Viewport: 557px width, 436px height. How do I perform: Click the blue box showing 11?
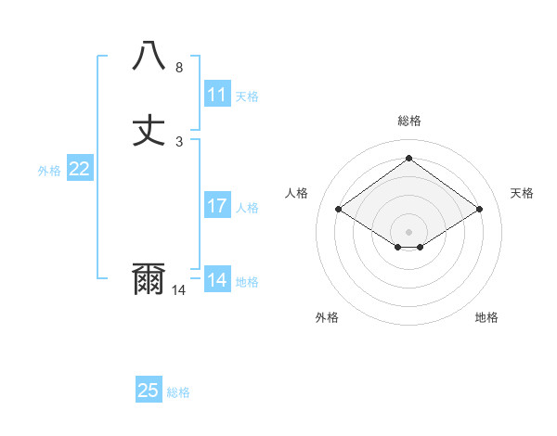(x=217, y=95)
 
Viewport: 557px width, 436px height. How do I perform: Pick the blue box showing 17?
(x=217, y=206)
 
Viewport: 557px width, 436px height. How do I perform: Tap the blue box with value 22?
(x=80, y=169)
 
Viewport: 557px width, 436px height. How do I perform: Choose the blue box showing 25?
(x=149, y=391)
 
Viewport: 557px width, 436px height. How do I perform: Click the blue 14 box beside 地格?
(x=217, y=280)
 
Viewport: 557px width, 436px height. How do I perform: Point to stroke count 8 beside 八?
(x=179, y=68)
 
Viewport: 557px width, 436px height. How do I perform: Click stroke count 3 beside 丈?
(x=179, y=142)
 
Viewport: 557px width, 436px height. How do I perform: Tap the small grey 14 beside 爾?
(x=179, y=290)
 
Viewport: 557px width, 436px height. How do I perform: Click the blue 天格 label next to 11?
(x=247, y=96)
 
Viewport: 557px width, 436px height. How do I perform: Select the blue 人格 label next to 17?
(x=247, y=208)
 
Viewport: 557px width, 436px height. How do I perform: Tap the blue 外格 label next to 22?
(x=49, y=171)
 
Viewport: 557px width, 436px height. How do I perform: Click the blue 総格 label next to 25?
(x=178, y=392)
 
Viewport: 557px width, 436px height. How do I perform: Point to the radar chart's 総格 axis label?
(x=409, y=121)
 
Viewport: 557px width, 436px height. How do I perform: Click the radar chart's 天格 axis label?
(x=523, y=193)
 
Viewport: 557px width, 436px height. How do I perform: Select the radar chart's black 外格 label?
(x=327, y=317)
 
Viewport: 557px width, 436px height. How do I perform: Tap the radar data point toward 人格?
(x=339, y=210)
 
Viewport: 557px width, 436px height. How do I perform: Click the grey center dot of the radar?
(x=409, y=231)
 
